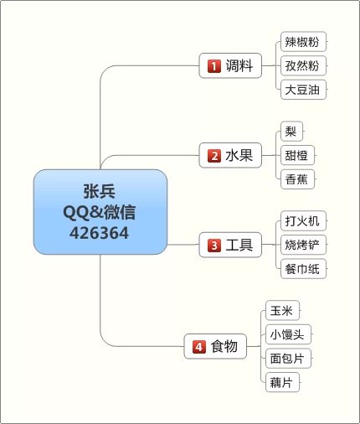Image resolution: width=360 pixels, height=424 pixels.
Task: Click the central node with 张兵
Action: tap(100, 212)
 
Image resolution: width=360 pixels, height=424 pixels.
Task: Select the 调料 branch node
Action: tap(230, 65)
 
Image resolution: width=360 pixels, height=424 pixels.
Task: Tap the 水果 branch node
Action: tap(230, 155)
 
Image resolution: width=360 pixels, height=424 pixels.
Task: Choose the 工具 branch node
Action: tap(230, 245)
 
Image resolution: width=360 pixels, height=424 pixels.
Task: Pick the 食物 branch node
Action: tap(215, 346)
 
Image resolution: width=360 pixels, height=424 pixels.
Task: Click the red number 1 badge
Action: tap(214, 66)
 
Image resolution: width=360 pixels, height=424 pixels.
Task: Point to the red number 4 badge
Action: tap(199, 347)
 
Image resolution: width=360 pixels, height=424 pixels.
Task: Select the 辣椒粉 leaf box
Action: tap(303, 42)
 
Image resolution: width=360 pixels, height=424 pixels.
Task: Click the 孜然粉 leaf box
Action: tap(303, 65)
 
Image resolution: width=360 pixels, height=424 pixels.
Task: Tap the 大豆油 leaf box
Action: tap(303, 90)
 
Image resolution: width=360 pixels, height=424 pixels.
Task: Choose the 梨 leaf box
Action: tap(291, 132)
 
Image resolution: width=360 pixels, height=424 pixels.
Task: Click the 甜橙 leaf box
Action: tap(297, 155)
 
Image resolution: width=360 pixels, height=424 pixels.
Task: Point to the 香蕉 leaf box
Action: tap(297, 179)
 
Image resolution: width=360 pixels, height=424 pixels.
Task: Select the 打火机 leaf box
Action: tap(303, 220)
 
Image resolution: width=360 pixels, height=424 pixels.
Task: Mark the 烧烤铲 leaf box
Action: tap(303, 245)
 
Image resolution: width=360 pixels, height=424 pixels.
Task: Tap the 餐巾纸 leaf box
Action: tap(303, 269)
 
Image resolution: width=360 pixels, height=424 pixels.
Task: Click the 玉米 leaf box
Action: tap(282, 310)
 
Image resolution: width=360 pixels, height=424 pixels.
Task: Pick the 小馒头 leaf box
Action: tap(288, 334)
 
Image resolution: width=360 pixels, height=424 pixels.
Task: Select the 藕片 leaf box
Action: tap(282, 382)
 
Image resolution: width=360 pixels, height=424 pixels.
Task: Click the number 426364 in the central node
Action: tap(100, 233)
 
